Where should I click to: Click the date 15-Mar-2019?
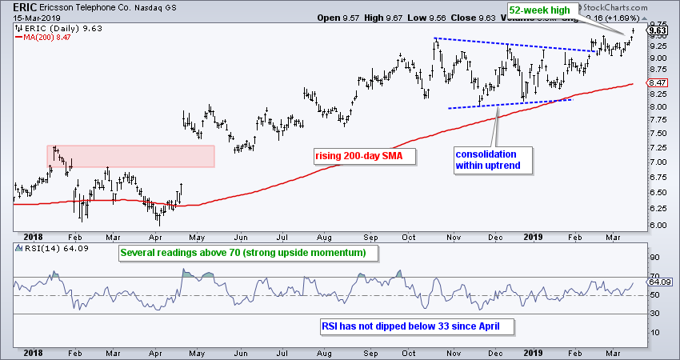pos(32,19)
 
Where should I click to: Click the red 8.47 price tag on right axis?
pos(658,83)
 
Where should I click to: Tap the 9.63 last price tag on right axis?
pos(658,33)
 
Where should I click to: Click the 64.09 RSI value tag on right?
pos(658,282)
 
